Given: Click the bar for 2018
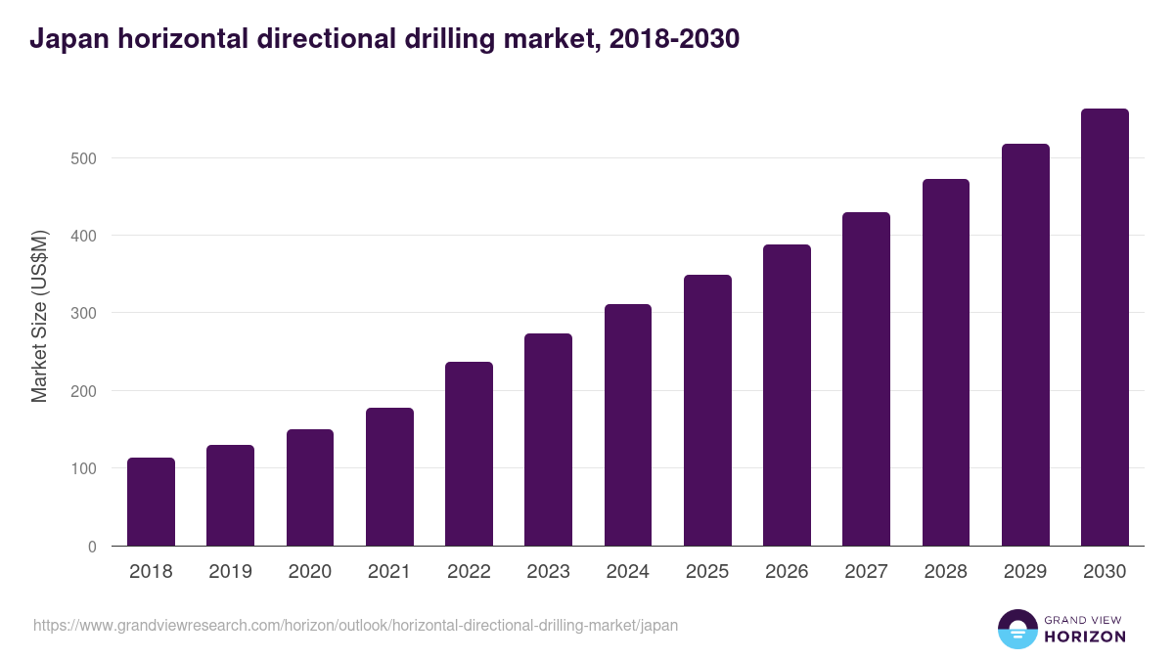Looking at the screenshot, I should (151, 502).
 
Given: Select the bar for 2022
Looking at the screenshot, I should (469, 454).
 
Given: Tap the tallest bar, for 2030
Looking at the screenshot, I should (1105, 328).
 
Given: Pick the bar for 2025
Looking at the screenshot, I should (707, 411).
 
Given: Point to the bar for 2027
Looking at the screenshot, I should (866, 379).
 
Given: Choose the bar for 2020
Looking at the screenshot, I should (310, 488).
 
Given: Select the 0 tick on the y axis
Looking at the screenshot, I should (92, 547).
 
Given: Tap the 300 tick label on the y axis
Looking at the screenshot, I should (85, 314).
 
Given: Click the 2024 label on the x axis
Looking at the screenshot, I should (627, 572).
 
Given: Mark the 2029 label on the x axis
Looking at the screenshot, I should (1024, 572).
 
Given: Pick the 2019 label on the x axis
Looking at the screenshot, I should (230, 572).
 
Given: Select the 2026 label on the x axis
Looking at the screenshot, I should (787, 572).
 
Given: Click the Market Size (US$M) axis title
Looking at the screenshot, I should (40, 316).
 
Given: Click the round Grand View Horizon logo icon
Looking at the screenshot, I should (1016, 629).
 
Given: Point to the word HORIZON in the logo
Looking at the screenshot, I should (1085, 637).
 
